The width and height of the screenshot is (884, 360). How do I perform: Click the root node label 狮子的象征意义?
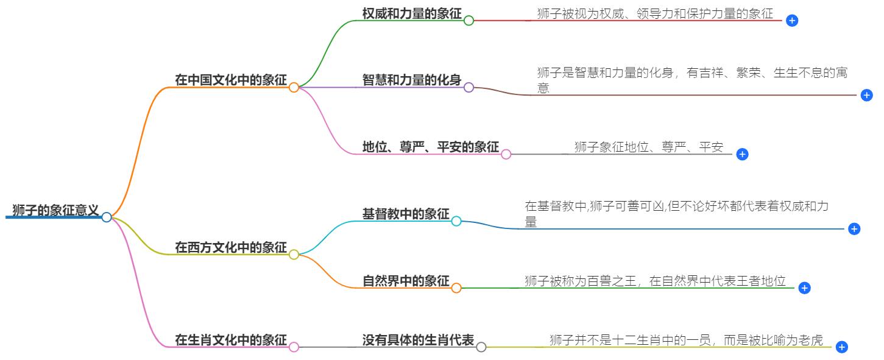click(x=55, y=211)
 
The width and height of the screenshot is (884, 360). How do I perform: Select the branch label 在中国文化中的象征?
click(x=230, y=80)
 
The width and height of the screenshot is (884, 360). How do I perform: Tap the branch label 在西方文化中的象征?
click(x=230, y=247)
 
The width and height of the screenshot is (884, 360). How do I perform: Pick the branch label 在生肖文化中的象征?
click(x=230, y=340)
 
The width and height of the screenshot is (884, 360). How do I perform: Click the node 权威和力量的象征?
click(x=412, y=13)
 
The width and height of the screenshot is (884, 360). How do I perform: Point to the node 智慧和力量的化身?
click(x=412, y=80)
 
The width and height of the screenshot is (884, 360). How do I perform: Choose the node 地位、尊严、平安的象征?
click(x=431, y=147)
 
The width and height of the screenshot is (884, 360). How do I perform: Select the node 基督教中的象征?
click(x=406, y=214)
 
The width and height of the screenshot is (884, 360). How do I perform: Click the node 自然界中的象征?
click(x=406, y=281)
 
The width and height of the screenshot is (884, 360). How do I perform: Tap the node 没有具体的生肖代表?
click(x=418, y=340)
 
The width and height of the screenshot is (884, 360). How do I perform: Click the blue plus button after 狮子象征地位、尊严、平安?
click(x=742, y=155)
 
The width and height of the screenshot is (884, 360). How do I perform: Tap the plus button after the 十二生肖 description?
click(x=842, y=347)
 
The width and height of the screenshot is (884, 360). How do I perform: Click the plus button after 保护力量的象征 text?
click(x=792, y=21)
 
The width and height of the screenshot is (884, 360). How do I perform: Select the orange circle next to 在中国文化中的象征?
click(x=294, y=87)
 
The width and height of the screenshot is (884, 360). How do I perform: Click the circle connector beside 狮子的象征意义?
click(x=107, y=217)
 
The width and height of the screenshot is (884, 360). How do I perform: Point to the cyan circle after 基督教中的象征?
click(x=456, y=221)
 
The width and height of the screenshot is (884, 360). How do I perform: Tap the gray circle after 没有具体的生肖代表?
click(x=481, y=347)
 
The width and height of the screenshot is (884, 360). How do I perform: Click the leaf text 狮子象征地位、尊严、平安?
click(x=649, y=147)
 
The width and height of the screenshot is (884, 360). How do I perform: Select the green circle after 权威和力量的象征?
click(x=469, y=20)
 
